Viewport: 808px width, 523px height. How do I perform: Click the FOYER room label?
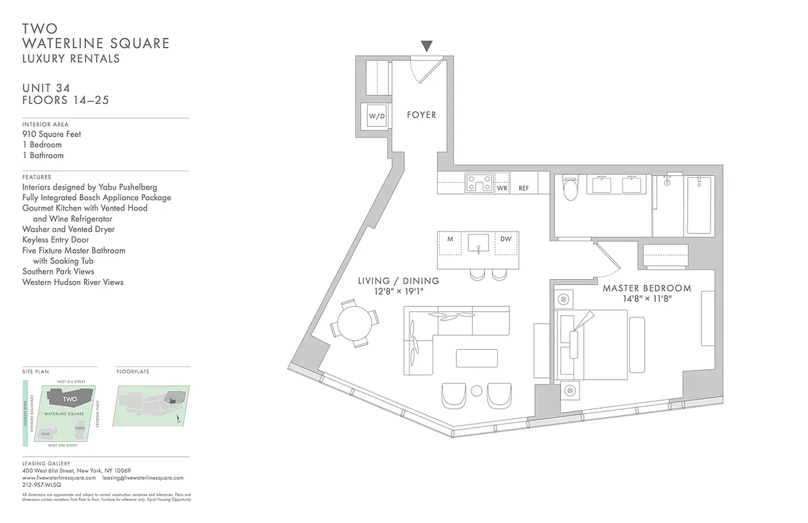coord(421,115)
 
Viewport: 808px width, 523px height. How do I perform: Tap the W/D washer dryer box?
coord(377,116)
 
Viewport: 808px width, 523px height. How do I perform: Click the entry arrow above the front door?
coord(427,46)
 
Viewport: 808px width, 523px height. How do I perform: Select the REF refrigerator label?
coord(523,188)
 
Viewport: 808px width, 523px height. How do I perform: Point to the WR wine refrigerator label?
coord(502,188)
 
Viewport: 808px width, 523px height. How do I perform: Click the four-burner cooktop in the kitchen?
coord(479,182)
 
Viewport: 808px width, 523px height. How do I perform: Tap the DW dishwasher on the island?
coord(506,239)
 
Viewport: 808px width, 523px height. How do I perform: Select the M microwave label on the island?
coord(450,239)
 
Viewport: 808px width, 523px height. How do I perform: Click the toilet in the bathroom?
coord(570,190)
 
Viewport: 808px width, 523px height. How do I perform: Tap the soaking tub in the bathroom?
coord(700,204)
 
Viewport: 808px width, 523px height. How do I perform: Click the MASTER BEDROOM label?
coord(647,288)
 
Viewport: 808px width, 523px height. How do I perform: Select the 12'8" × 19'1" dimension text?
coord(398,292)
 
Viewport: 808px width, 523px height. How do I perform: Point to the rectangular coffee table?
coord(476,358)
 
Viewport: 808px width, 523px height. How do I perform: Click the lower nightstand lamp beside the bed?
coord(569,391)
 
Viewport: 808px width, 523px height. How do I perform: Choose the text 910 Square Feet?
coord(52,134)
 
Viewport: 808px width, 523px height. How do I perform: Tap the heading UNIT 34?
coord(46,88)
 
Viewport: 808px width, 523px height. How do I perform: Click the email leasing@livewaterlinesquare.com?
coord(142,478)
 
